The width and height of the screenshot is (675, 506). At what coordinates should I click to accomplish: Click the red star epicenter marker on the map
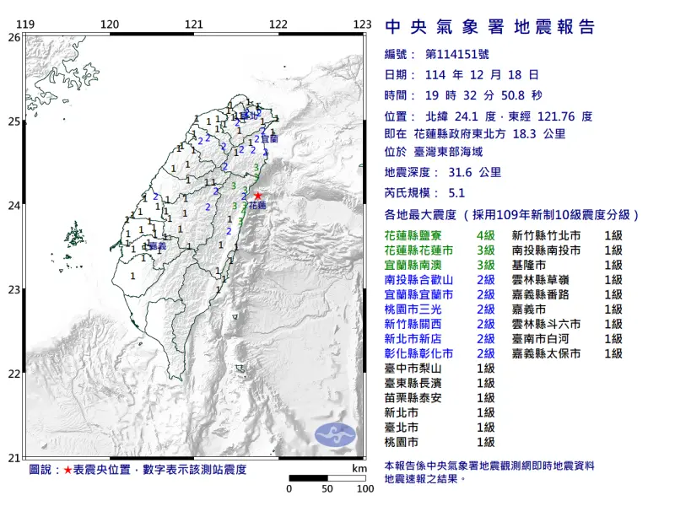coord(257,196)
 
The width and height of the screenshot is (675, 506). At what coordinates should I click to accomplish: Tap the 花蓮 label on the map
coord(257,206)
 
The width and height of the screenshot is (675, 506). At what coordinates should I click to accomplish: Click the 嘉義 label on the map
coord(155,247)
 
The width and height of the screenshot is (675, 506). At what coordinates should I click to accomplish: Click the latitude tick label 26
coord(13,37)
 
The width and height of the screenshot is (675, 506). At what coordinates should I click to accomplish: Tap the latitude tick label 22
coord(13,374)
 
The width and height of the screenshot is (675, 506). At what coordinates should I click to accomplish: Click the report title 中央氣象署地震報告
coord(489,27)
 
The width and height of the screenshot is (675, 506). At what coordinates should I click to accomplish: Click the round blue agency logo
coord(335,434)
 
